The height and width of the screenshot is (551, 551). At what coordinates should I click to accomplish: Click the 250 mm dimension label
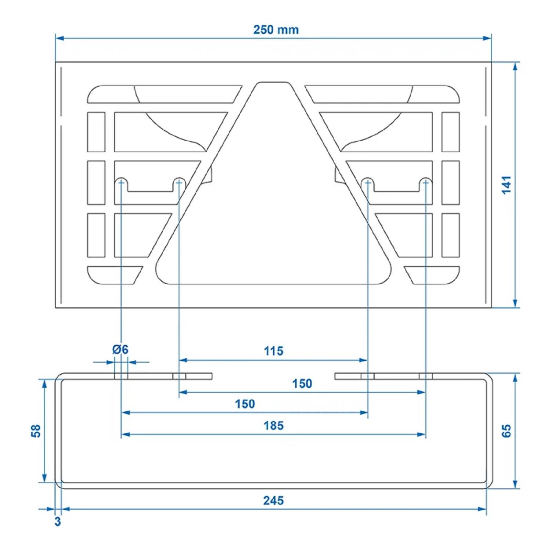[276, 30]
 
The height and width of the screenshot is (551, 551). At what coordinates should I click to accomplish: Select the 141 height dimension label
[507, 185]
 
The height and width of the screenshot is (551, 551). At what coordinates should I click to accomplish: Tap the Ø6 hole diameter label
[120, 349]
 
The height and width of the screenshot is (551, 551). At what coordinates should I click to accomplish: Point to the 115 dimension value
[274, 351]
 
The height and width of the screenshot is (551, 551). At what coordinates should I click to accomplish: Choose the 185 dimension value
[274, 426]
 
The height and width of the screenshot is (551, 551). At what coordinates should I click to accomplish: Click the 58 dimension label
[36, 431]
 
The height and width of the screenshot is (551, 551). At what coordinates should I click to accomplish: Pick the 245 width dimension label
[274, 500]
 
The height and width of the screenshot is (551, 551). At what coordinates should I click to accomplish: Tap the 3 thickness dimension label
[58, 521]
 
